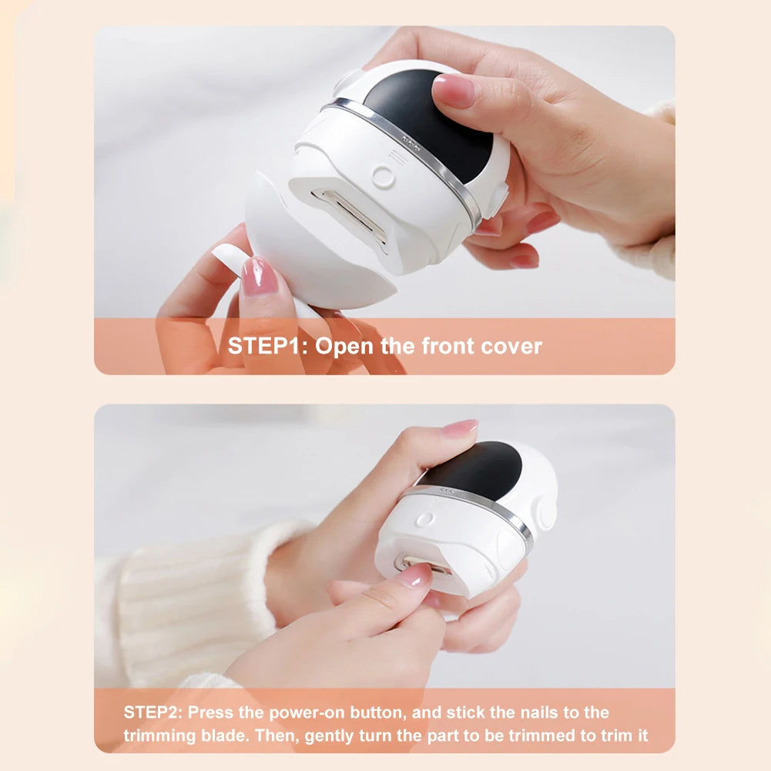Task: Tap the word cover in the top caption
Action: [x=511, y=346]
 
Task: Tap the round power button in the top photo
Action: [x=383, y=177]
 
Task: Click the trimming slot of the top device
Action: [x=350, y=215]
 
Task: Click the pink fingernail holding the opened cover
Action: [x=259, y=277]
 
